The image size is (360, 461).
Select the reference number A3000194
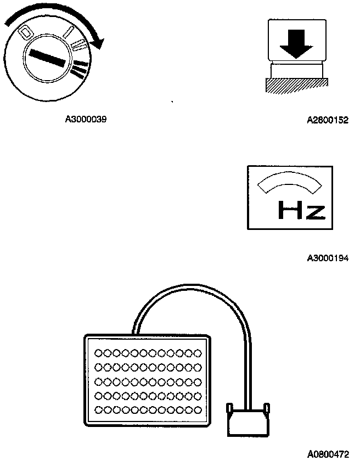pyautogui.click(x=328, y=257)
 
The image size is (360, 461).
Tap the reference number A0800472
pyautogui.click(x=328, y=454)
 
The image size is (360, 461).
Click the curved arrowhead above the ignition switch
pyautogui.click(x=97, y=42)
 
